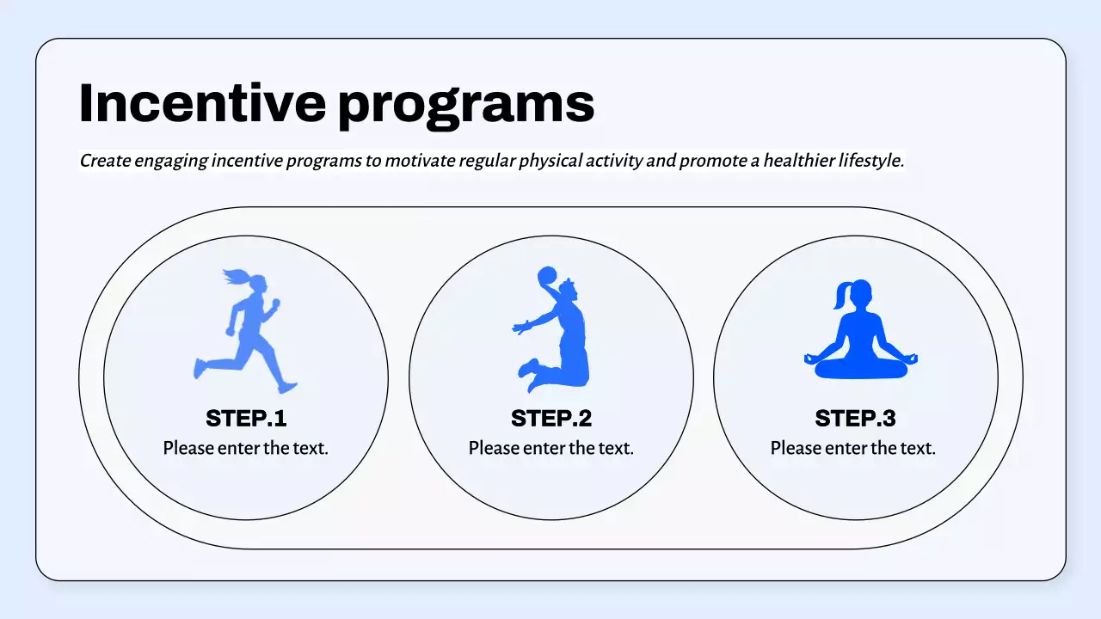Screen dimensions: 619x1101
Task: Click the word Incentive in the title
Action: [202, 103]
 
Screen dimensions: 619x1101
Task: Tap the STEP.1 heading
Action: [246, 419]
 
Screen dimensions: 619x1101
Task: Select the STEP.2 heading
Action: [551, 419]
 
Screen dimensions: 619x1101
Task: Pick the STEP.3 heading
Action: [855, 419]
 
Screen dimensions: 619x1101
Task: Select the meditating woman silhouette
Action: [861, 335]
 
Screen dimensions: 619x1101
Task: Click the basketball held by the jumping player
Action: [547, 277]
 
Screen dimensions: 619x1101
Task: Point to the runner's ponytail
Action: [235, 277]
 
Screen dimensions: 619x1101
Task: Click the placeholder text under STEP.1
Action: [246, 448]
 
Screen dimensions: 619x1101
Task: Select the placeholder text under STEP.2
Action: [551, 448]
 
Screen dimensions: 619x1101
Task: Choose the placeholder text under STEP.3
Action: [853, 448]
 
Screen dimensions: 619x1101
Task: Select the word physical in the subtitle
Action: [557, 161]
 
